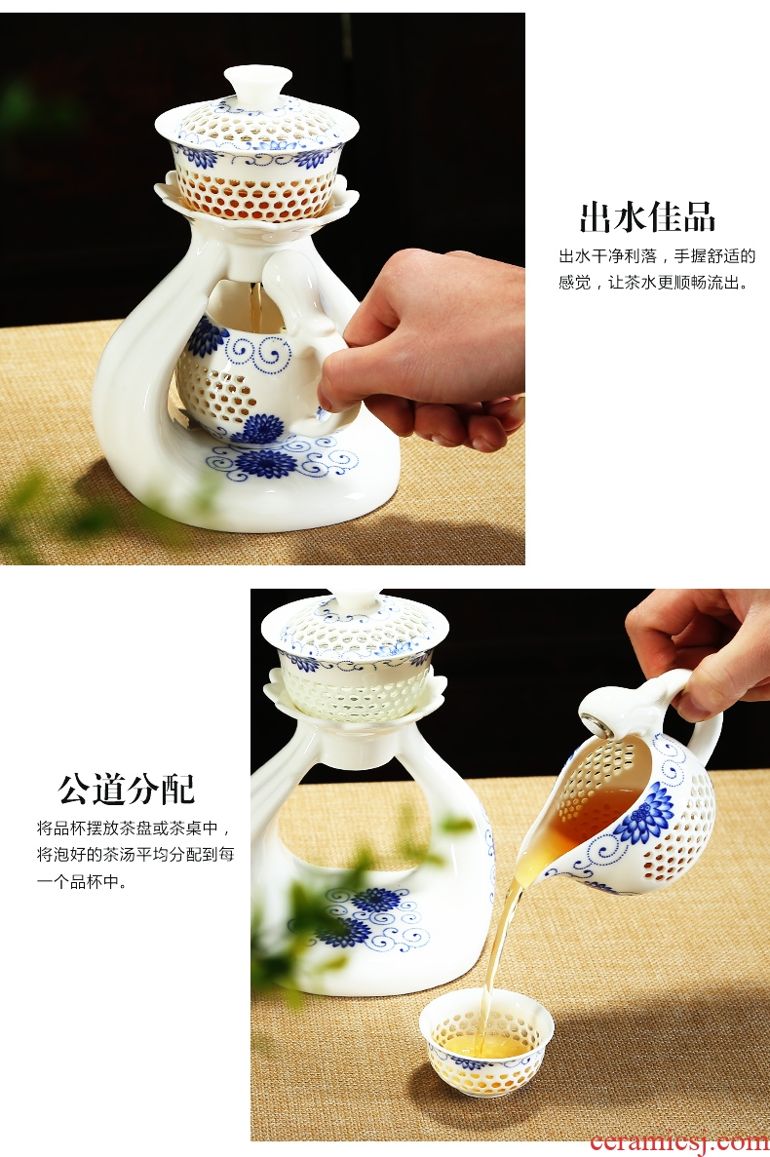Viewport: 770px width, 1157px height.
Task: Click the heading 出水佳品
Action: [x=647, y=217]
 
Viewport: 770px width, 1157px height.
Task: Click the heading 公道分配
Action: [x=127, y=789]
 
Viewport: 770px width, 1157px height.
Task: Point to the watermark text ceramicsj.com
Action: [x=678, y=1142]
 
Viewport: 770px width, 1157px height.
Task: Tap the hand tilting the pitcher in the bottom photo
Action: [x=698, y=649]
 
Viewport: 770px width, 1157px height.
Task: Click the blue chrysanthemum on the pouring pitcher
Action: [x=644, y=813]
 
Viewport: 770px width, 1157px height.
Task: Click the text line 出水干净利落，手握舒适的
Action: [x=657, y=256]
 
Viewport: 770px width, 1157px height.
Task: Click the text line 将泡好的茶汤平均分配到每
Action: [x=135, y=855]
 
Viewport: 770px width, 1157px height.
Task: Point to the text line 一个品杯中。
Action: [x=82, y=881]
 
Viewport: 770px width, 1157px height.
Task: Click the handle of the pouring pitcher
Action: [x=696, y=719]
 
